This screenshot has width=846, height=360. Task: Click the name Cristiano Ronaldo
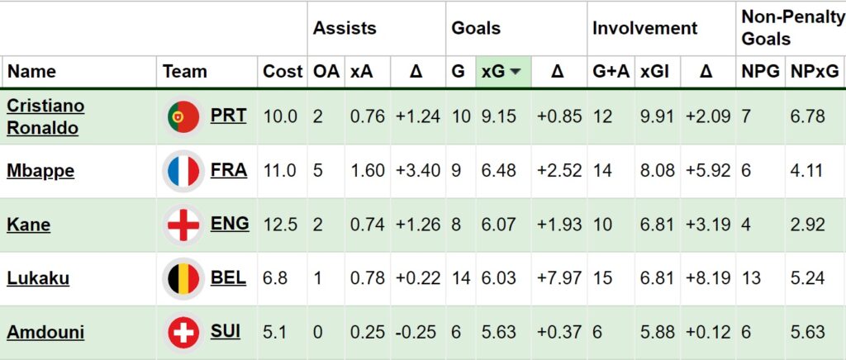tap(45, 116)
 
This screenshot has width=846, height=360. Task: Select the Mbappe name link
tap(40, 171)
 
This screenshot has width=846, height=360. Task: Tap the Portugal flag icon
tap(182, 116)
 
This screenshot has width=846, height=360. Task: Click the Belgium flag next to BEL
tap(182, 278)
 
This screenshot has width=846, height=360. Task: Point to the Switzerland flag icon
tap(182, 333)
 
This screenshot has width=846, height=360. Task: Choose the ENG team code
tap(230, 224)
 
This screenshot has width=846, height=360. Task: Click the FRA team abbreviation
tap(229, 170)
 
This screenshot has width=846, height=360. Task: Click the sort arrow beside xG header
tap(516, 72)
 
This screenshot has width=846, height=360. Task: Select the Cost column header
tap(283, 72)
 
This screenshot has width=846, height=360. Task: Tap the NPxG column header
tap(815, 72)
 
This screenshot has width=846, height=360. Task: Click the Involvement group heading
tap(644, 28)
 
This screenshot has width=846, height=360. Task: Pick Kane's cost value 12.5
tap(280, 225)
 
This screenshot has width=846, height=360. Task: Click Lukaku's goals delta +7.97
tap(559, 279)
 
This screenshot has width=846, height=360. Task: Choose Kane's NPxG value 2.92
tap(807, 225)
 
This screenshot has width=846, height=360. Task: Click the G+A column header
tap(611, 72)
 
